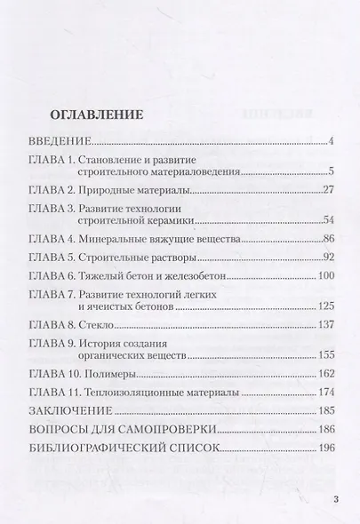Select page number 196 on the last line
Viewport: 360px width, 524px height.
click(x=323, y=450)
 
